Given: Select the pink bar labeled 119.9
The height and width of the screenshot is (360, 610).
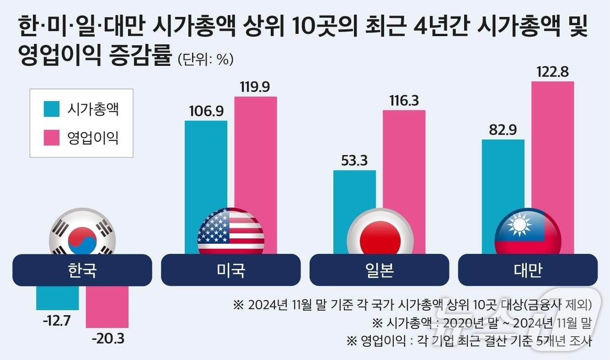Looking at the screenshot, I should click(x=256, y=151).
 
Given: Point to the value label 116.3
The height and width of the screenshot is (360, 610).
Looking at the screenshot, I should click(x=404, y=101).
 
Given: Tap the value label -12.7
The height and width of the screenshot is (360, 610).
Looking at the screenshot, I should click(x=57, y=321).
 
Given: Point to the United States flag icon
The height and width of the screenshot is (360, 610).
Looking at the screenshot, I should click(x=230, y=231).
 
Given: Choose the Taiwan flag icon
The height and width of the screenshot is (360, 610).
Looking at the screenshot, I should click(x=528, y=233).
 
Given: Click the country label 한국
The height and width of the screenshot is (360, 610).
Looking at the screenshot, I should click(x=82, y=270).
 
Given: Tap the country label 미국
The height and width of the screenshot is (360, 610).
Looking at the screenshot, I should click(x=230, y=270).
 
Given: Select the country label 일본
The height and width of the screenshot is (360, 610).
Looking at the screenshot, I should click(x=380, y=270).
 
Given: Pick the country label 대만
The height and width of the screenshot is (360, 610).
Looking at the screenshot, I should click(x=528, y=270).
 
